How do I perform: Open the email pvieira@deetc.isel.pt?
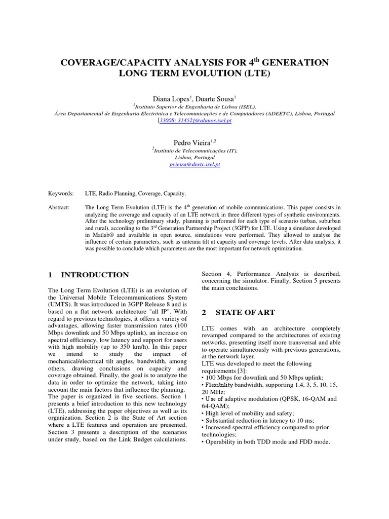point(194,165)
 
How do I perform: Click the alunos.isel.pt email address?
point(194,121)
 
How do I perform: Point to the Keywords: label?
point(61,194)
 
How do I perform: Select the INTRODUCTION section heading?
point(95,275)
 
